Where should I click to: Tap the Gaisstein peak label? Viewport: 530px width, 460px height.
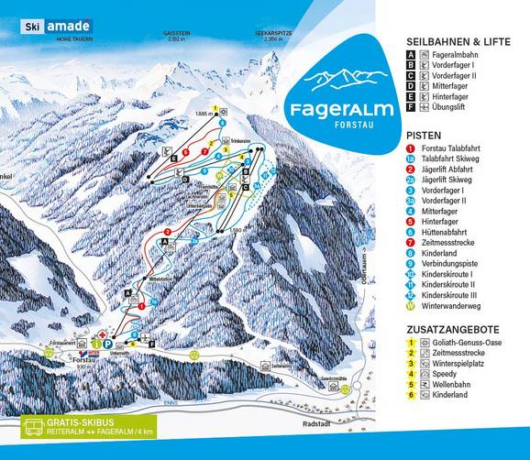click(x=171, y=33)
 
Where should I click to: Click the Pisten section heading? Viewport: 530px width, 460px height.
click(x=424, y=134)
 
